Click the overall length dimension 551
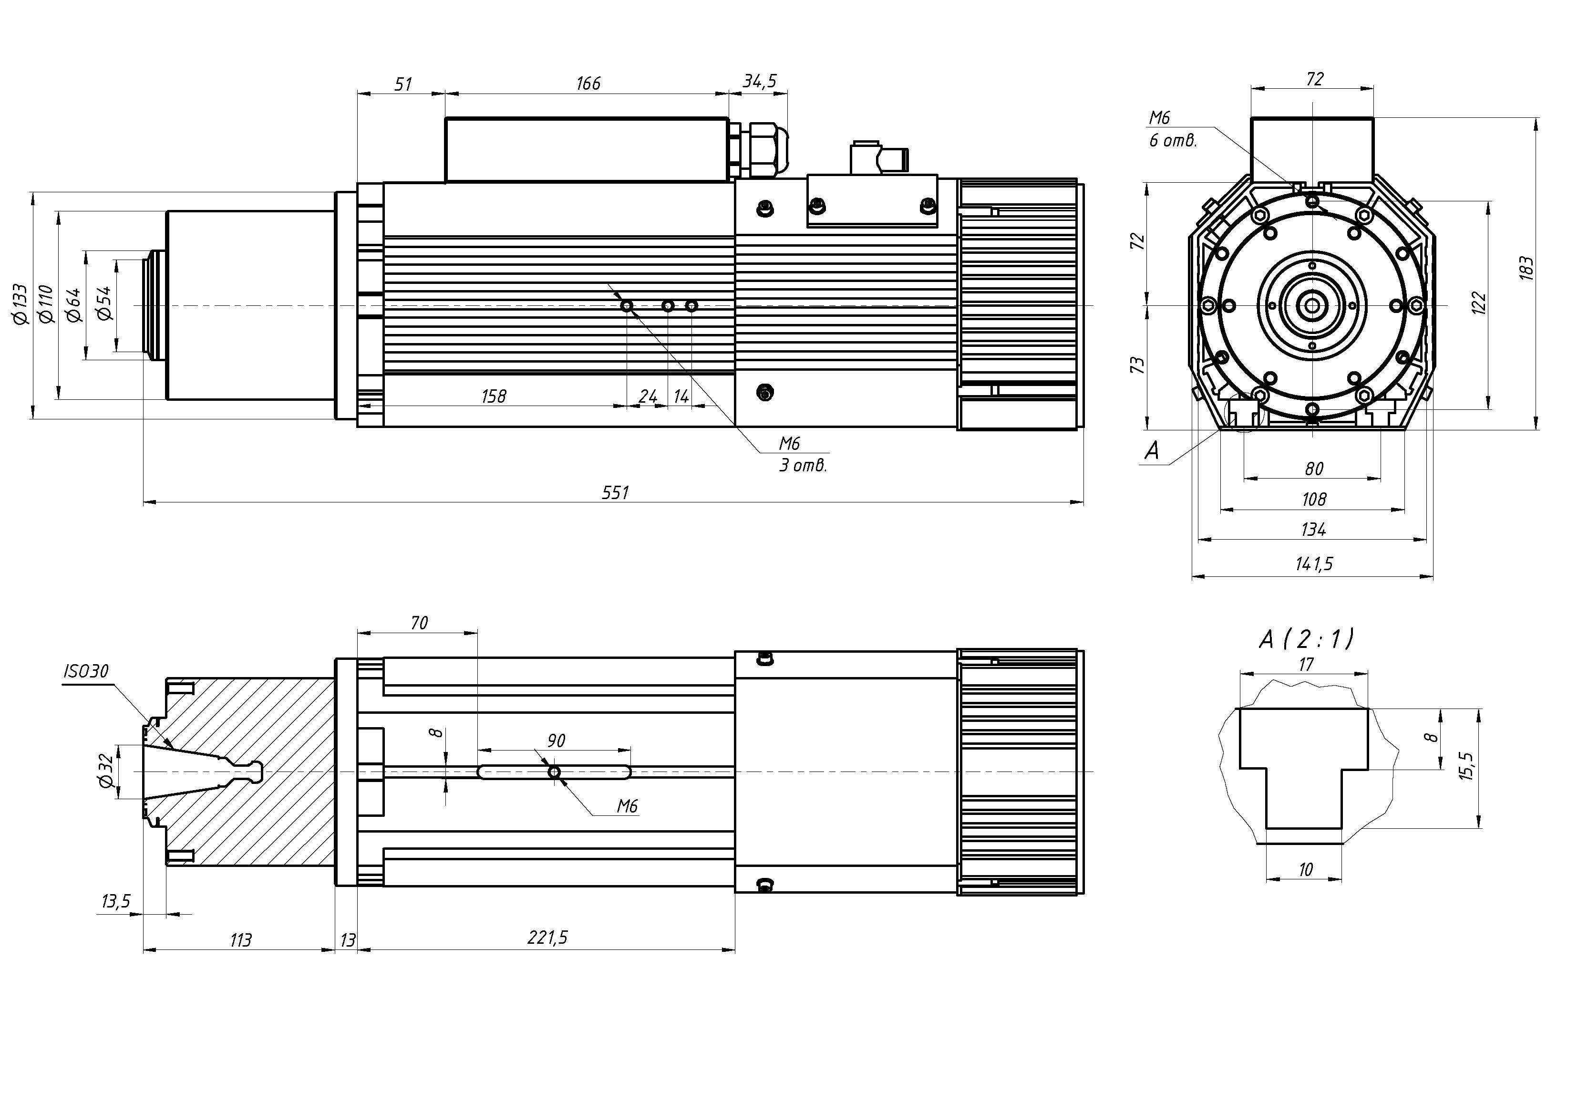click(x=615, y=492)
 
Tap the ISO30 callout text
click(x=86, y=671)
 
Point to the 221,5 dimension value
click(x=547, y=937)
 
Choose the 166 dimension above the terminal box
click(x=588, y=83)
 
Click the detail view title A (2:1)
click(x=1306, y=639)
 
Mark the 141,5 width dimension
click(x=1313, y=564)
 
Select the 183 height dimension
click(x=1526, y=268)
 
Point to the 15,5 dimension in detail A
click(x=1467, y=765)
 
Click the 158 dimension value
click(x=494, y=396)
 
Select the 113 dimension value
click(x=240, y=939)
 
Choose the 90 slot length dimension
click(x=556, y=741)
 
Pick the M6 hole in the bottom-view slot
click(x=554, y=772)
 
